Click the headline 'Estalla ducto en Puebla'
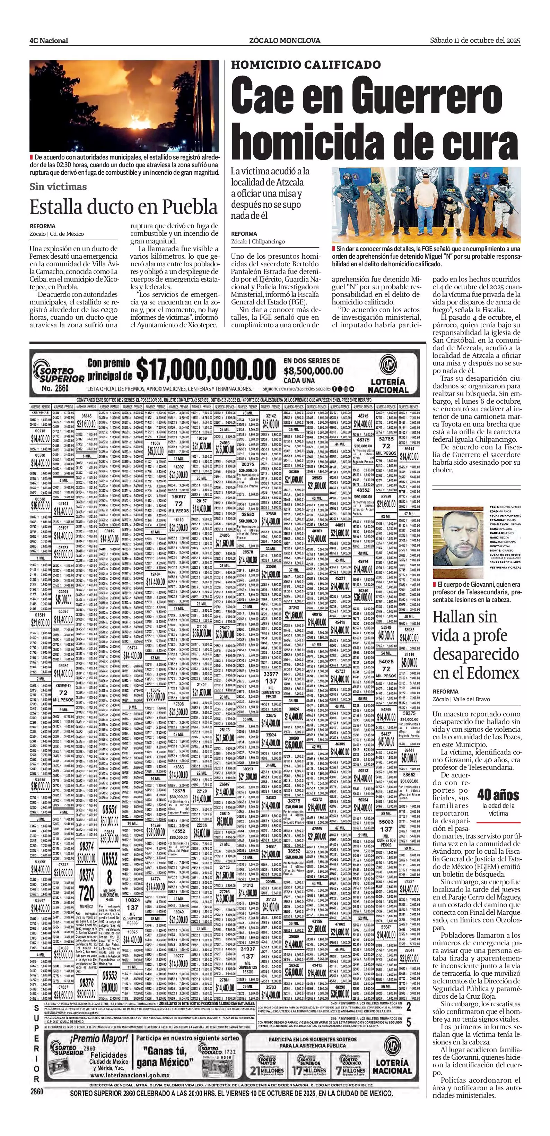click(124, 206)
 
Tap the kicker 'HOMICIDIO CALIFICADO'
click(306, 65)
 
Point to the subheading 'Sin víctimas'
click(58, 187)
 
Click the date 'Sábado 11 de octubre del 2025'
click(475, 40)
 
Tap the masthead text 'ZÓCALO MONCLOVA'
click(285, 41)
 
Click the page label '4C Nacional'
click(49, 41)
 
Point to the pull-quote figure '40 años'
click(498, 795)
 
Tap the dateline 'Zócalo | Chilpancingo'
click(258, 241)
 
